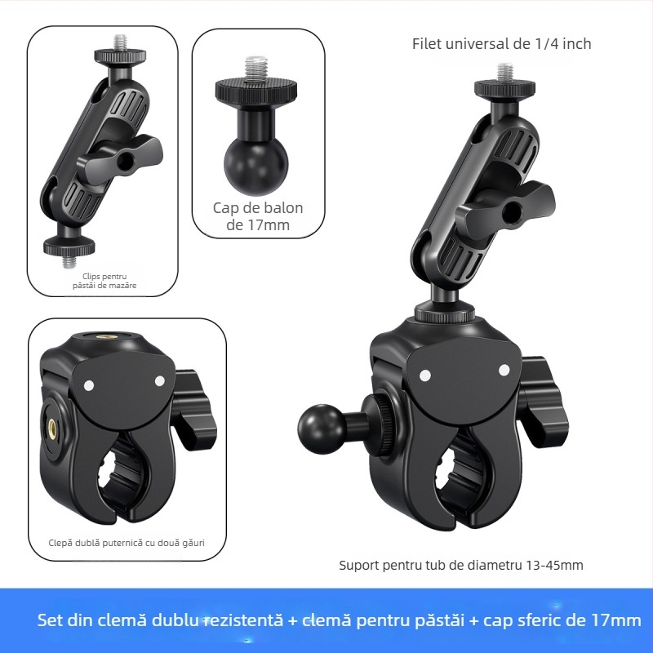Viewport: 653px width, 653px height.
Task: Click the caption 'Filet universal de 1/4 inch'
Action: pos(501,44)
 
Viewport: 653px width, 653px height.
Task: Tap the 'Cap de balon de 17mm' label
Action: pos(258,216)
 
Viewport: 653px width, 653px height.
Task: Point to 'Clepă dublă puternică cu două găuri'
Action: pos(127,542)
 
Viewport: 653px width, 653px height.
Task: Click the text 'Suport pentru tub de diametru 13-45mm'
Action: pos(461,565)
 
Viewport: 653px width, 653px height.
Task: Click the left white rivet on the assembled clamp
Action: pos(424,375)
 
